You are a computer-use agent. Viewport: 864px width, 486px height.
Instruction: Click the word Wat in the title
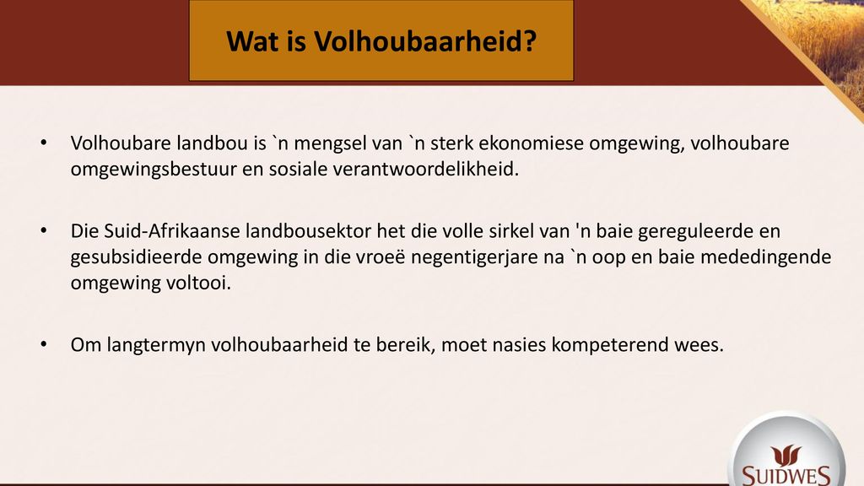point(251,41)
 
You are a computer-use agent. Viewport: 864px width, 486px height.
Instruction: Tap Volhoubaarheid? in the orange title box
point(425,41)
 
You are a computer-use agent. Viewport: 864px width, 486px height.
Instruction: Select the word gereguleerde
point(695,232)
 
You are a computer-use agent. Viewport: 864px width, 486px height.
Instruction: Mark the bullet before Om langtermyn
point(44,344)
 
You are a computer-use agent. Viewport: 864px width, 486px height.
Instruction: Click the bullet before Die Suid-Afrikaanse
point(44,230)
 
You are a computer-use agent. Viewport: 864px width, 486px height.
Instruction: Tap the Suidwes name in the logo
point(786,475)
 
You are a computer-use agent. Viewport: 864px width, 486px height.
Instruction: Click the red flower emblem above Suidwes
point(786,456)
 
